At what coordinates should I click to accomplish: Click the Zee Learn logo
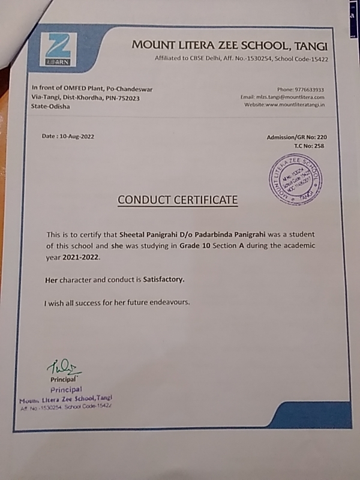pyautogui.click(x=58, y=50)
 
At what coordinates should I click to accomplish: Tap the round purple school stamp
pyautogui.click(x=295, y=179)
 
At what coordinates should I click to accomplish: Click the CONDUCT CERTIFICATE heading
pyautogui.click(x=178, y=200)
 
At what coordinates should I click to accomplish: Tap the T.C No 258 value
pyautogui.click(x=319, y=146)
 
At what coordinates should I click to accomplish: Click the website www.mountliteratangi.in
pyautogui.click(x=294, y=104)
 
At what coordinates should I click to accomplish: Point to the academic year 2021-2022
pyautogui.click(x=80, y=257)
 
